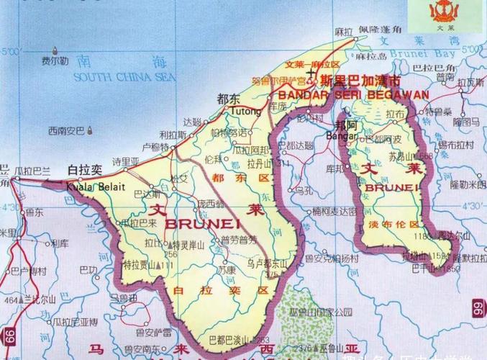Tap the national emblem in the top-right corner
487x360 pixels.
click(x=440, y=12)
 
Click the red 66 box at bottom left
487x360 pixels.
click(x=9, y=335)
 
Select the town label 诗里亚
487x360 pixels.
click(x=126, y=161)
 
